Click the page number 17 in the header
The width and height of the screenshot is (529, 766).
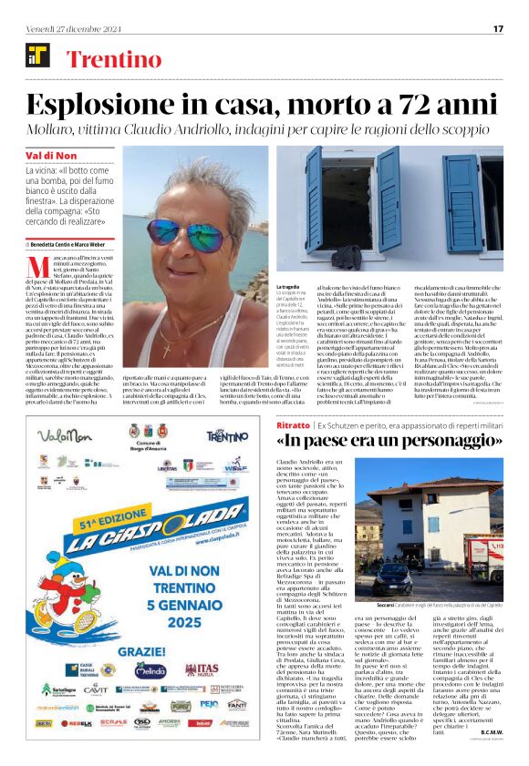coord(498,28)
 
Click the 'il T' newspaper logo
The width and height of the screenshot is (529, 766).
coord(37,56)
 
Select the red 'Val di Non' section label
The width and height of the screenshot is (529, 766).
coord(51,156)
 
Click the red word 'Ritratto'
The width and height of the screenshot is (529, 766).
coord(293,425)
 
